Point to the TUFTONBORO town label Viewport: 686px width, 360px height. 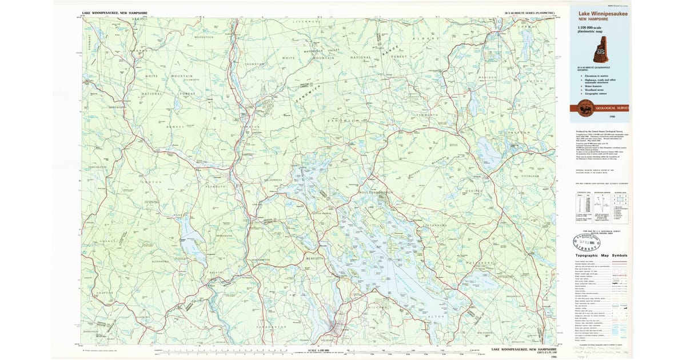click(434, 226)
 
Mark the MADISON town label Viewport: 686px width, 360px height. click(488, 77)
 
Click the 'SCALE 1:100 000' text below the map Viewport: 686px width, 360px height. click(317, 350)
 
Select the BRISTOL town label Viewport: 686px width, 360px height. click(218, 274)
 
